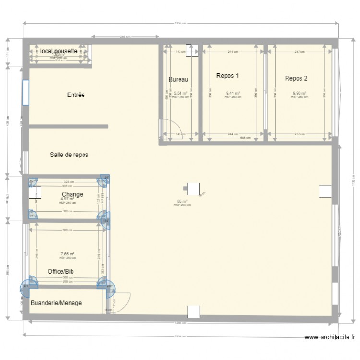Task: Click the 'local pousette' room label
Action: pos(59,51)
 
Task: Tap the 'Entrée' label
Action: pos(76,95)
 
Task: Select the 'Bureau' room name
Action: pos(178,80)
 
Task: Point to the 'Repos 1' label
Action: pos(228,76)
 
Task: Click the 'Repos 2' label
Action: pos(296,78)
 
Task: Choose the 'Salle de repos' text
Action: pos(69,155)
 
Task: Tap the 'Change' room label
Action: pos(72,194)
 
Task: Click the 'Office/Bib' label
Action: pos(60,271)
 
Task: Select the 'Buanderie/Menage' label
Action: pos(56,303)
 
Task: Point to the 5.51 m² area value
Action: pos(180,94)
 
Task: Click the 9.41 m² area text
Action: pos(233,94)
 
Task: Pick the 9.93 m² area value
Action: pos(300,94)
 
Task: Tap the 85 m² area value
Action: pos(182,202)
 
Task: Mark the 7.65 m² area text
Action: pos(67,254)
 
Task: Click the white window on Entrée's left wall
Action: pos(25,92)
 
